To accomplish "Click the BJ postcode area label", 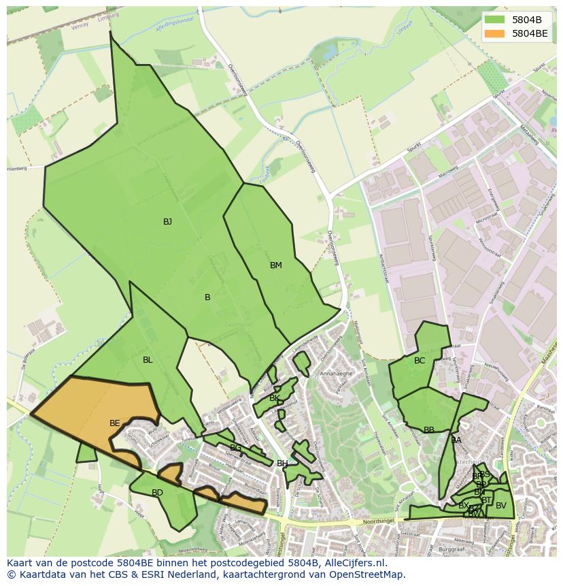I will pyautogui.click(x=167, y=222).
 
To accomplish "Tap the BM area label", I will pyautogui.click(x=275, y=265).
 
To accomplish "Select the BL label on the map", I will pyautogui.click(x=148, y=360).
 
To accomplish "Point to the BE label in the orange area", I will pyautogui.click(x=114, y=423).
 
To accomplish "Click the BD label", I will pyautogui.click(x=157, y=493).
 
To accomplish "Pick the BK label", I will pyautogui.click(x=274, y=398).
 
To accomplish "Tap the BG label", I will pyautogui.click(x=235, y=448).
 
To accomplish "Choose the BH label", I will pyautogui.click(x=282, y=463).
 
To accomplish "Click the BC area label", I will pyautogui.click(x=420, y=361).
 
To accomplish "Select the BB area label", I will pyautogui.click(x=429, y=430).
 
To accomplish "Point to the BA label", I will pyautogui.click(x=456, y=440).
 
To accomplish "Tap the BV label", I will pyautogui.click(x=501, y=506).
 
